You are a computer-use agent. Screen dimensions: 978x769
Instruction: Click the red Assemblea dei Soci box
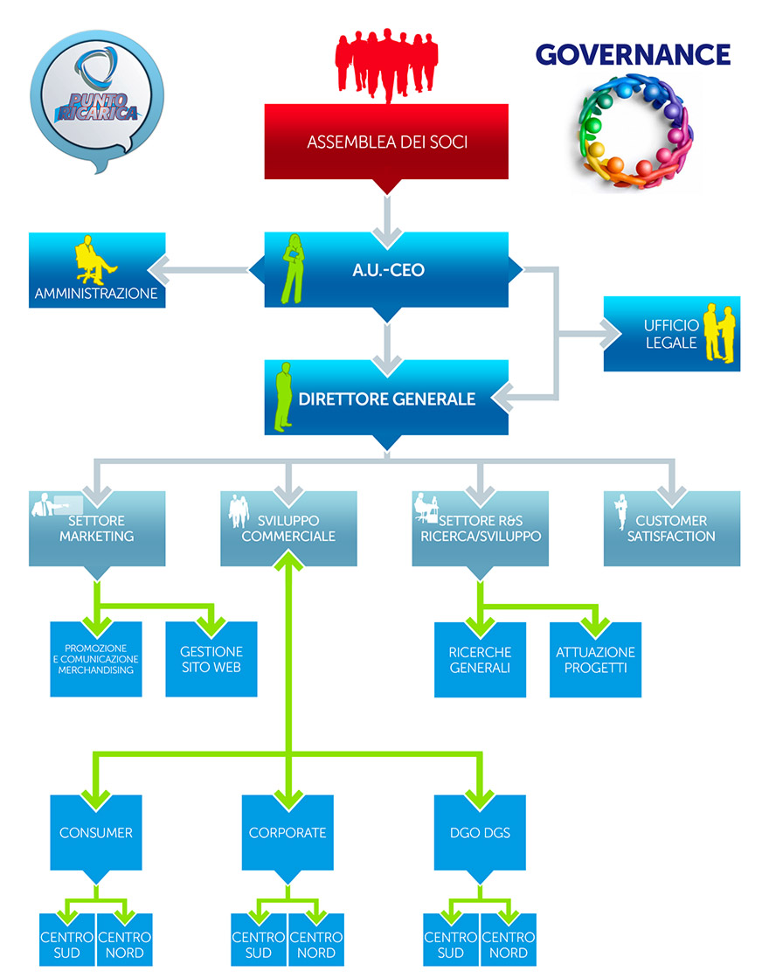tap(386, 142)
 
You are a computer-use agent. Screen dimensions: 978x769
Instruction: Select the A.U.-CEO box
tap(386, 270)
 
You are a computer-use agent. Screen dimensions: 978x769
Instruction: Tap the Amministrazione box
tap(96, 270)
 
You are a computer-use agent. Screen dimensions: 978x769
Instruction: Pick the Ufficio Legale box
tap(671, 334)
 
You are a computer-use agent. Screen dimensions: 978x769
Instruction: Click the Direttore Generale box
tap(386, 399)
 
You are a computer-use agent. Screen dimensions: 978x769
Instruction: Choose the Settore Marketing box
tap(96, 528)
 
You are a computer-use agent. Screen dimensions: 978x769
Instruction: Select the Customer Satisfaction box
tap(671, 528)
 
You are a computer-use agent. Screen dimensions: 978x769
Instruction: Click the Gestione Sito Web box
tap(211, 659)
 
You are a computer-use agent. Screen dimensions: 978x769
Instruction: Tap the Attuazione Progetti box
tap(595, 659)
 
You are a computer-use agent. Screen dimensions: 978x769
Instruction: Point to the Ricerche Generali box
tap(480, 659)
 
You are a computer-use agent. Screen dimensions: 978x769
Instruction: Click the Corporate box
tap(288, 832)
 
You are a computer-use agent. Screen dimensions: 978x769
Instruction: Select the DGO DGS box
tap(480, 832)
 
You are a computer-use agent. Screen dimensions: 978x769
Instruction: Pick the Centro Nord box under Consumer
tap(124, 945)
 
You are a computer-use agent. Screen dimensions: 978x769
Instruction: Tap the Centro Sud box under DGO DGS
tap(451, 945)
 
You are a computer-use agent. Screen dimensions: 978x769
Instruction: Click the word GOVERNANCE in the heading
tap(633, 54)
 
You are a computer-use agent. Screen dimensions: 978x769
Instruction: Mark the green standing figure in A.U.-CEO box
tap(294, 268)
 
